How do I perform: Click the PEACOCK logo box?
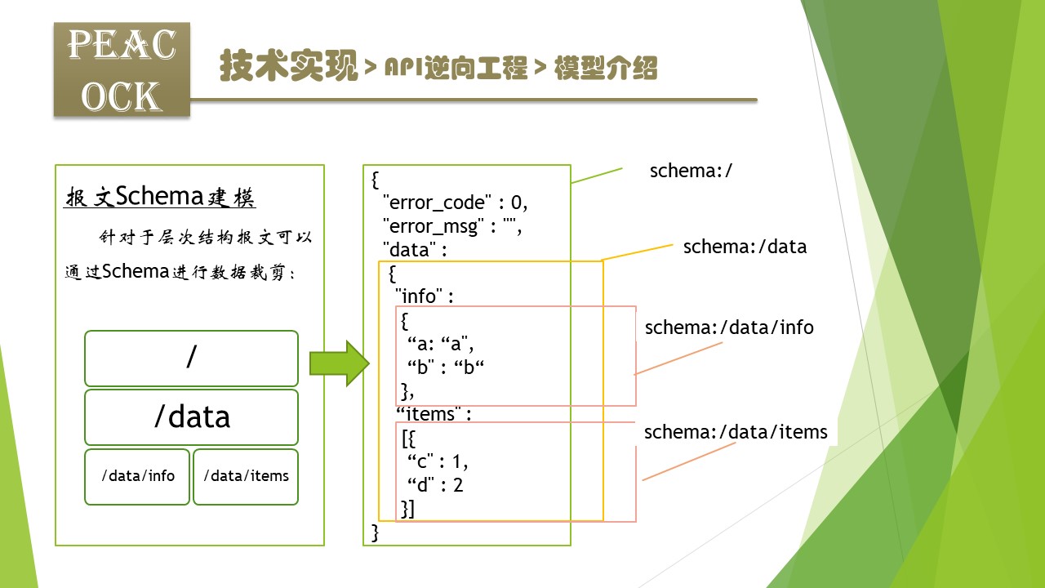coord(122,69)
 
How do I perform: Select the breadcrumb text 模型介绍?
coord(605,69)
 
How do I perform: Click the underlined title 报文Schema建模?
coord(160,197)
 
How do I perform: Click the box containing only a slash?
coord(191,358)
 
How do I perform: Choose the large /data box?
coord(191,416)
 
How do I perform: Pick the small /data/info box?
coord(137,476)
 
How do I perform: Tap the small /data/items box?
coord(246,476)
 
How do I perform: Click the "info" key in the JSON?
coord(419,296)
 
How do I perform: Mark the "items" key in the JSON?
coord(429,414)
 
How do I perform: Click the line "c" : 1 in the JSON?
coord(438,462)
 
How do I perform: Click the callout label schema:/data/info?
coord(729,327)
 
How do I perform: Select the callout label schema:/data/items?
coord(736,432)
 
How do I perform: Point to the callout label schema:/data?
coord(745,247)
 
